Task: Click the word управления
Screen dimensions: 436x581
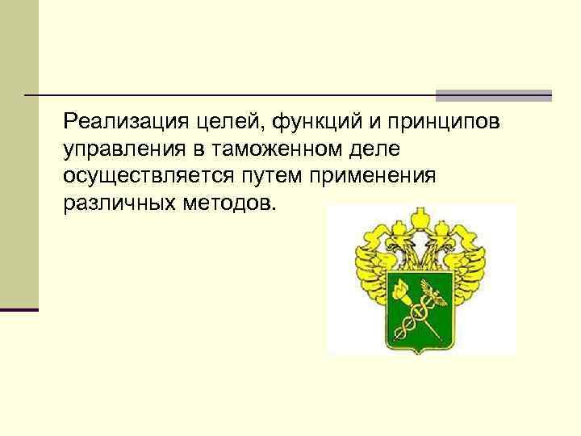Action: pyautogui.click(x=119, y=149)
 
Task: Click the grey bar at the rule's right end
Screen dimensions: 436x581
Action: pyautogui.click(x=493, y=95)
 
